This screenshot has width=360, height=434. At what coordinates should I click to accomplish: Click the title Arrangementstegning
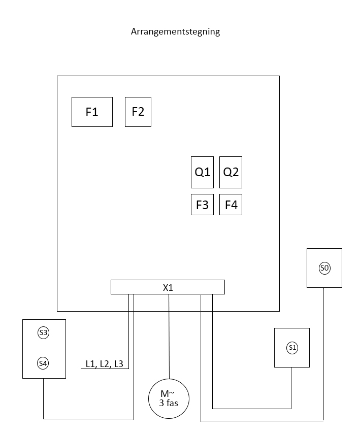point(175,31)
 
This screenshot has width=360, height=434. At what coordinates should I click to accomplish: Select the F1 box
point(92,112)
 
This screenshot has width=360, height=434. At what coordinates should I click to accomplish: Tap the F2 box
point(138,112)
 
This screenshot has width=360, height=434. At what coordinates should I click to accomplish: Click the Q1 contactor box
point(202,172)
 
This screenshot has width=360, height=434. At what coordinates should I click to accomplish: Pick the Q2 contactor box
point(231,172)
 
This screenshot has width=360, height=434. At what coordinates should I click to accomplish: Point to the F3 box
point(202,205)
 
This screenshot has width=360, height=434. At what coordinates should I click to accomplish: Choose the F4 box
point(231,205)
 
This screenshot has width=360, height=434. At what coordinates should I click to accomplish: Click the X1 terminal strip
point(168,287)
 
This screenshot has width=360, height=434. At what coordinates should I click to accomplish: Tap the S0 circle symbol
point(324,268)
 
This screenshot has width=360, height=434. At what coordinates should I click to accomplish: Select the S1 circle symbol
point(292,348)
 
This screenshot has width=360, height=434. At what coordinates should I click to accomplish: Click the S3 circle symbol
point(44,332)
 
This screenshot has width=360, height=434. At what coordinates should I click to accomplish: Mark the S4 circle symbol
point(43,363)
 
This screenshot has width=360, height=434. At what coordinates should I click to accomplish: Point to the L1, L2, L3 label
point(105,363)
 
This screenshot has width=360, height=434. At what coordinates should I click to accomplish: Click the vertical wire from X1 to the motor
point(169,337)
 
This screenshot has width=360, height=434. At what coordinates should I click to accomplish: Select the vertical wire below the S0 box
point(324,354)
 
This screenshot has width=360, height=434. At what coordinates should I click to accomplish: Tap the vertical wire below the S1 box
point(291,388)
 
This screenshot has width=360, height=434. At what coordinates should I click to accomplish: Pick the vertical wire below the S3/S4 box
point(43,398)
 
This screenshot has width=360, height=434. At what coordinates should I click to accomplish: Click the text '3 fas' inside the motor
point(169,403)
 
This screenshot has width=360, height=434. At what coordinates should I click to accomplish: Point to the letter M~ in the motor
point(168,393)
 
